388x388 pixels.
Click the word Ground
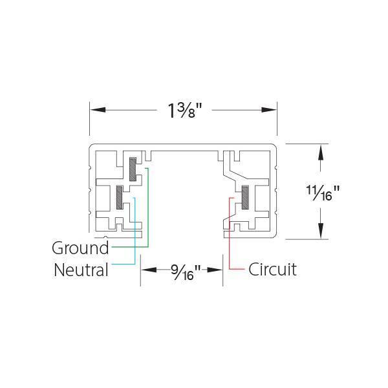[80, 248]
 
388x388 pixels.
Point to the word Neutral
[81, 269]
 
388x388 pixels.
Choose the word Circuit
[272, 269]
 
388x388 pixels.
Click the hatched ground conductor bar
[133, 169]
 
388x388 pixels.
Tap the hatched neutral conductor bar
[120, 197]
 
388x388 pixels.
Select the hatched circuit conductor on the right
[246, 197]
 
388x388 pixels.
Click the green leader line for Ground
[148, 213]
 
